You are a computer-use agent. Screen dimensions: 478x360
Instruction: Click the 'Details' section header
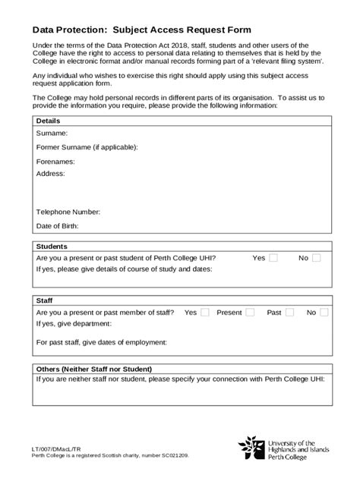click(48, 121)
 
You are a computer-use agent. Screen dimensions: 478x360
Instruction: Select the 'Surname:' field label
click(52, 133)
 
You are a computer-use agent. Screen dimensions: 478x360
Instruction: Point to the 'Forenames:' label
click(55, 162)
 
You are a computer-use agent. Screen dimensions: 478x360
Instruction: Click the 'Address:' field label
click(51, 173)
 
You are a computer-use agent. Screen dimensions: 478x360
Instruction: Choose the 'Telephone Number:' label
click(68, 212)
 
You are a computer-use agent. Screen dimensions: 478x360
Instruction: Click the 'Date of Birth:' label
click(58, 225)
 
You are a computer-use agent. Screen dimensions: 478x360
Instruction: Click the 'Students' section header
click(52, 247)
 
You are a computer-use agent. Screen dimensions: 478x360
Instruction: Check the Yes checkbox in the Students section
click(273, 258)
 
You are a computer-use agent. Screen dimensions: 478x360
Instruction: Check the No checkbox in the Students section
click(317, 258)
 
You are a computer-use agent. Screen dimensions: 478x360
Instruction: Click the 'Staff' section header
click(45, 300)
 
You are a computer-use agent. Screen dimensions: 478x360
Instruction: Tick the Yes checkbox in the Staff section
click(205, 313)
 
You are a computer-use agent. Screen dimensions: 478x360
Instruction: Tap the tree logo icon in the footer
click(252, 448)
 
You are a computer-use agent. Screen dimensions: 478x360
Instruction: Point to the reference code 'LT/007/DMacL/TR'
click(58, 449)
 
